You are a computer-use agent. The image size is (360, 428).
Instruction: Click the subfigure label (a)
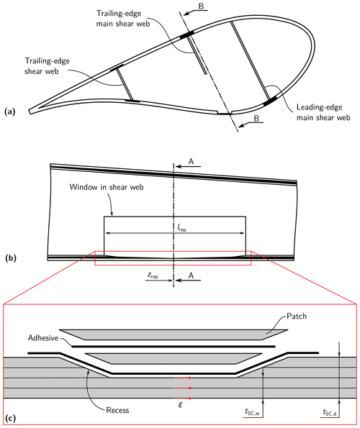[10, 111]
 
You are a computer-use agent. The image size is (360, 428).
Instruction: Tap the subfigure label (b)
[11, 258]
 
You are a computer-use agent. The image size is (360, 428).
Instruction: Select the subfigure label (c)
[10, 418]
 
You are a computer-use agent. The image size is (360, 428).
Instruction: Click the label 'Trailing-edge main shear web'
[123, 19]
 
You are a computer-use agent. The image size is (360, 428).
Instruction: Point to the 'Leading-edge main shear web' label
[323, 112]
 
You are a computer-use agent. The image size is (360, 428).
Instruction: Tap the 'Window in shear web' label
[107, 187]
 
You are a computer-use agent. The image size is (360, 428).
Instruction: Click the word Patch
[297, 316]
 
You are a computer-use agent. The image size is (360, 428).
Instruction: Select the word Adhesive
[43, 338]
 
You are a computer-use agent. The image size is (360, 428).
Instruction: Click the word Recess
[117, 410]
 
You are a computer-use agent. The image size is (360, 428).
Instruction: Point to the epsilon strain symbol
[180, 404]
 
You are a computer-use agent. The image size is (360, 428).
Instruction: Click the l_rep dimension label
[181, 227]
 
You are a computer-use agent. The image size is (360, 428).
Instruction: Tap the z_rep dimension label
[153, 275]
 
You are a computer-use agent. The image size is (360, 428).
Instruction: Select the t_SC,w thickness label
[252, 412]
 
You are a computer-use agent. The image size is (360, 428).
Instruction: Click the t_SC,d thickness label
[330, 412]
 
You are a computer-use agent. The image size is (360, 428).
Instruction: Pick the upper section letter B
[201, 6]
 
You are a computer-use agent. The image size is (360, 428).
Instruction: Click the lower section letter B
[256, 119]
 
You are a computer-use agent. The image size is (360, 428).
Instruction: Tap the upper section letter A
[191, 162]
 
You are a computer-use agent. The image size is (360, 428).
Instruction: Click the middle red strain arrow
[184, 388]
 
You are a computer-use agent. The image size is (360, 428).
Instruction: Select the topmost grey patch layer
[174, 334]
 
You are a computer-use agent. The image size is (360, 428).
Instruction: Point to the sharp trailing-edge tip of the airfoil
[30, 111]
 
